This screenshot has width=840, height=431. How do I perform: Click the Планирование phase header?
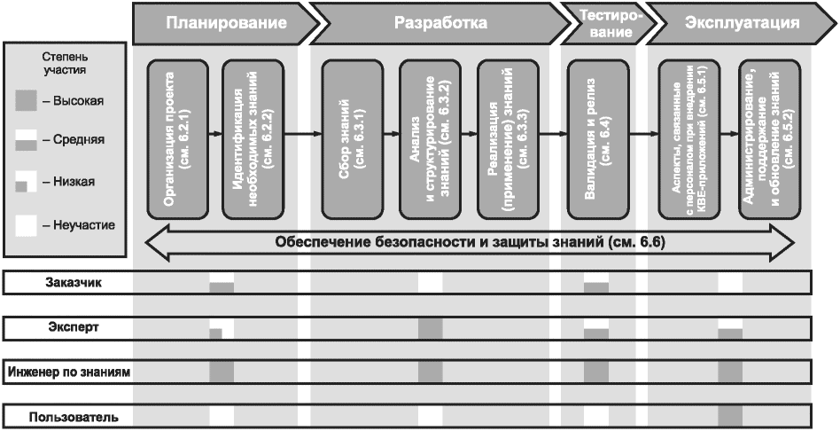pos(226,23)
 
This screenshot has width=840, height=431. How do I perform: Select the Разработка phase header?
pos(440,23)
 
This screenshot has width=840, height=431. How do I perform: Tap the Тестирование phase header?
pos(605,23)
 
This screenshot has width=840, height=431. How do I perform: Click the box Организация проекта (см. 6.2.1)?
pos(179,139)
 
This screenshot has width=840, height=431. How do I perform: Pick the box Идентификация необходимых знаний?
pos(251,139)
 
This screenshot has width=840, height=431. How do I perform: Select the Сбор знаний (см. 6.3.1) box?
pos(351,139)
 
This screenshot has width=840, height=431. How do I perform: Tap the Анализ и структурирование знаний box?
pos(429,139)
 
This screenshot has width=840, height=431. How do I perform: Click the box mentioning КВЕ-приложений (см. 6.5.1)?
pos(689,139)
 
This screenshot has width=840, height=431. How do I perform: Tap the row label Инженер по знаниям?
pos(69,372)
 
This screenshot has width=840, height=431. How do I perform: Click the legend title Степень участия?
pos(64,62)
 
